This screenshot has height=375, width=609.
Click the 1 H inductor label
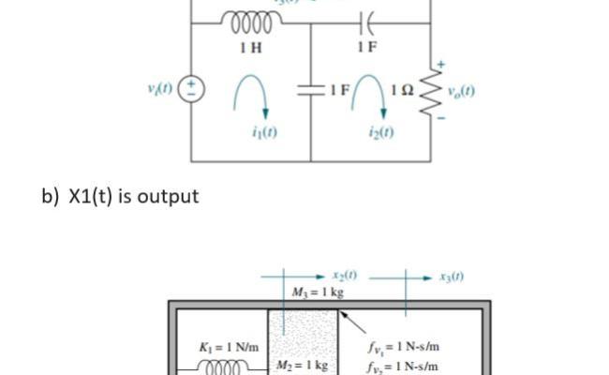[x=250, y=47]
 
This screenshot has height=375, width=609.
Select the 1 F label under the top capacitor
[x=366, y=47]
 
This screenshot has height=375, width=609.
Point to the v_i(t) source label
[x=162, y=93]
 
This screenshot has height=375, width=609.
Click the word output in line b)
[x=166, y=197]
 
